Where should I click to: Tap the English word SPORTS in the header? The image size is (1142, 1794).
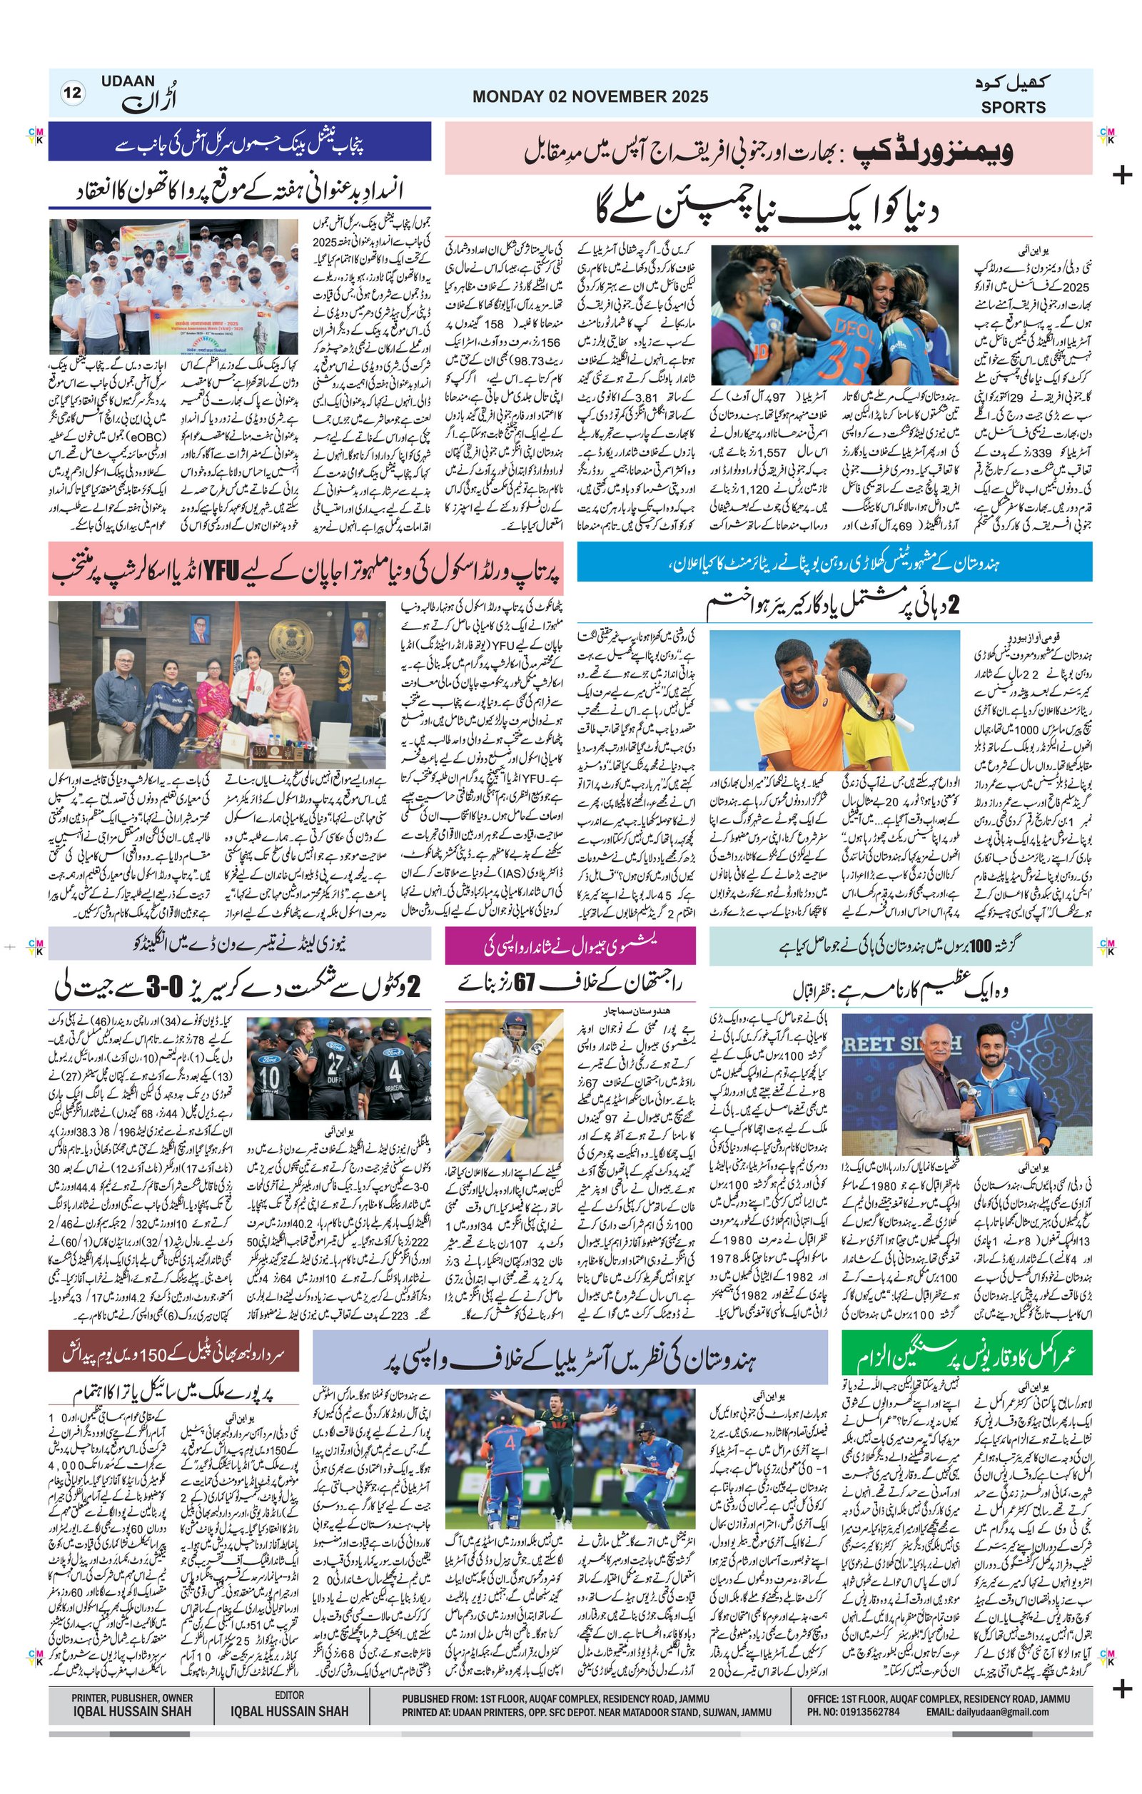click(1012, 107)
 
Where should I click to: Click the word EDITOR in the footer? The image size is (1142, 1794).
click(289, 1696)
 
